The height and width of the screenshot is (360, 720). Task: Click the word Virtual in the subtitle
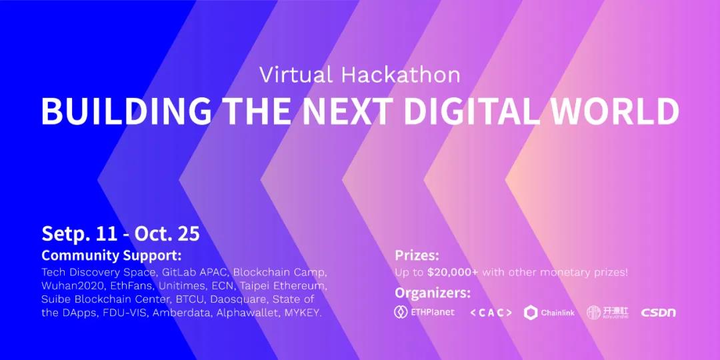296,75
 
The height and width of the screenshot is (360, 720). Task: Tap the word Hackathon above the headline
401,75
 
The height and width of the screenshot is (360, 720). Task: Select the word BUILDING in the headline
127,112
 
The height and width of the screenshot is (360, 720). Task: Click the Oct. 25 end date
167,234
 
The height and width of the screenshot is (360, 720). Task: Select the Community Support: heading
111,256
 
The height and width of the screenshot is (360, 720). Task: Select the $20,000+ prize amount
453,272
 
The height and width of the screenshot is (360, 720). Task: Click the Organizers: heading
433,293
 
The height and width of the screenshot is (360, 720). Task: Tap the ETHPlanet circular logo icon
401,312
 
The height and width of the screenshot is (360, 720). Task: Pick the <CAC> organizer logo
491,313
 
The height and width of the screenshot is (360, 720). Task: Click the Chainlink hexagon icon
531,313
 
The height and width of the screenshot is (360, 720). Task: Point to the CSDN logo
659,313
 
